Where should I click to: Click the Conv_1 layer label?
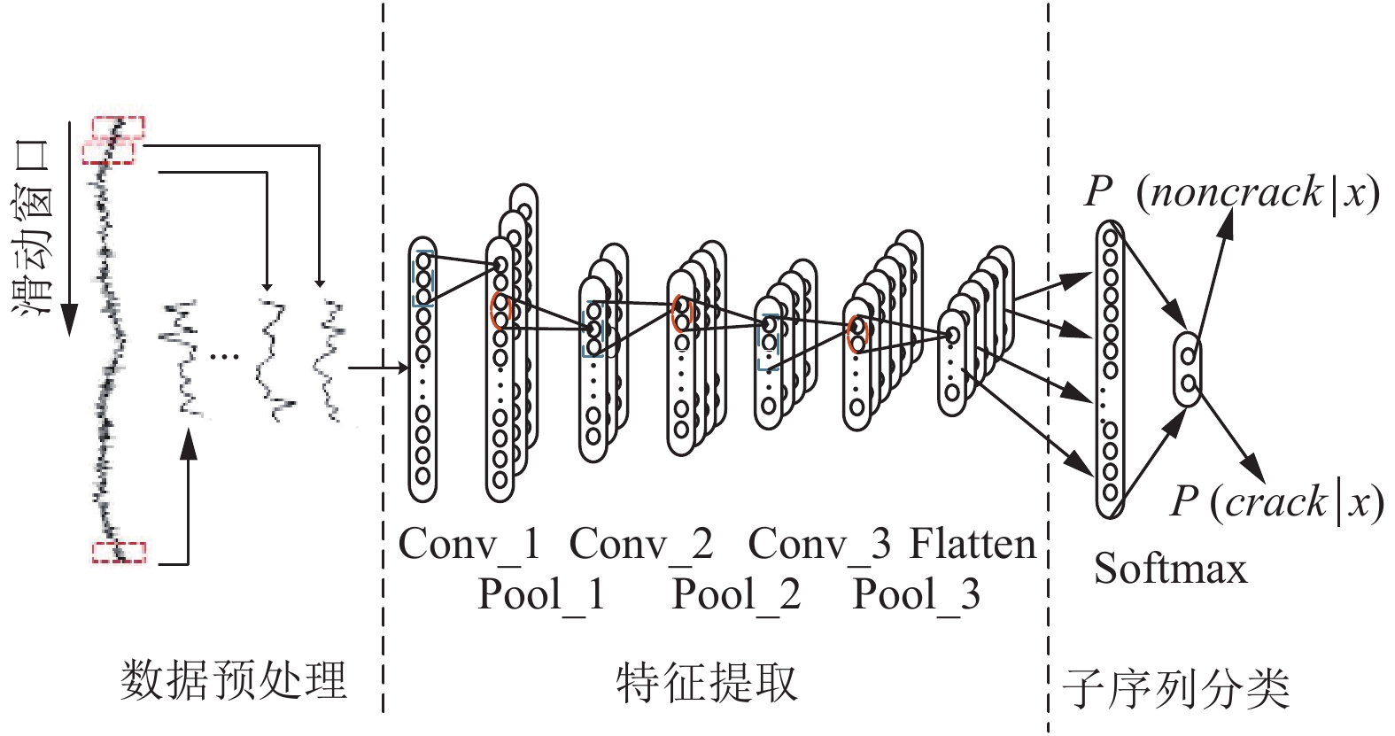[x=469, y=544]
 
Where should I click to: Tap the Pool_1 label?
[x=542, y=593]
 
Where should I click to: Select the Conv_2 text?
[x=641, y=544]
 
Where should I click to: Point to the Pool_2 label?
[x=737, y=593]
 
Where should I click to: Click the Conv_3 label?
[x=819, y=544]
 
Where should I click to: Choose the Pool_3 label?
[x=917, y=593]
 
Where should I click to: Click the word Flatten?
[x=973, y=544]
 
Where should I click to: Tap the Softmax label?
[x=1171, y=569]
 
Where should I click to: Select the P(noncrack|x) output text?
[x=1232, y=193]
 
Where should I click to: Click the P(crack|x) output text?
[x=1276, y=502]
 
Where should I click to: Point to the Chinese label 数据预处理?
[x=233, y=680]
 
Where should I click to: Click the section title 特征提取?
[x=708, y=684]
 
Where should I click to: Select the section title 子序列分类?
[x=1176, y=689]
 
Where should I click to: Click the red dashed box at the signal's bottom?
[x=119, y=553]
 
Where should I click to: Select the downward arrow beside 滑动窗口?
[x=70, y=228]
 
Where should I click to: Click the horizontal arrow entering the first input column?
[x=378, y=368]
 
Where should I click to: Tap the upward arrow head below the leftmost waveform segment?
[x=188, y=444]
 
